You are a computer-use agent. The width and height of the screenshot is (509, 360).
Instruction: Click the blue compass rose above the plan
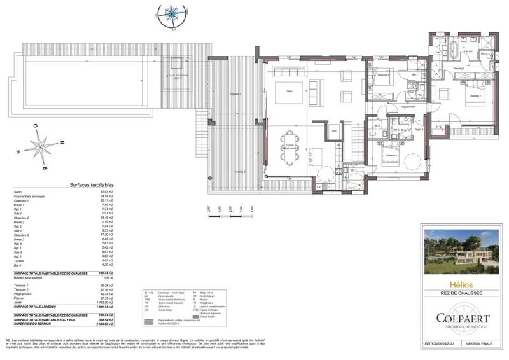[x=171, y=13]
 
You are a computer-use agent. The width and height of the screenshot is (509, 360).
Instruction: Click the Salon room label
[x=289, y=90]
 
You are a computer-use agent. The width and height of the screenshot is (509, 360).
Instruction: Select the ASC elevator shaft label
[x=335, y=131]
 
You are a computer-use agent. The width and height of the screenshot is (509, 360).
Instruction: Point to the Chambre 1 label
[x=475, y=96]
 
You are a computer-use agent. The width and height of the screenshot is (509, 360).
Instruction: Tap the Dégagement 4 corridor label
[x=407, y=107]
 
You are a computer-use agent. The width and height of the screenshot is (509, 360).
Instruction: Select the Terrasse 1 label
[x=235, y=94]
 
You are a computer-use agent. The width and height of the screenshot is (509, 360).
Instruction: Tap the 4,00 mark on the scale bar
[x=253, y=208]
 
